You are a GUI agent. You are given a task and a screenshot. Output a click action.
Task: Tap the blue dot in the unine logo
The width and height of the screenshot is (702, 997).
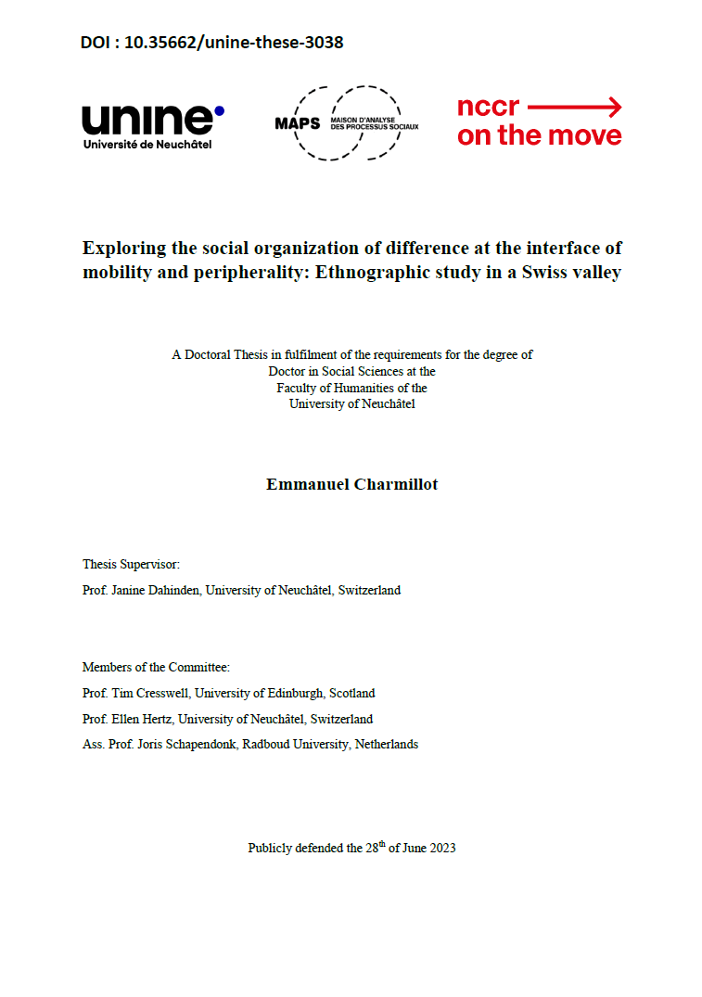coord(219,110)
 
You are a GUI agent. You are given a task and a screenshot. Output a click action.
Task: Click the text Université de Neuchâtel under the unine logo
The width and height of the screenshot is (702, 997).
coord(147,144)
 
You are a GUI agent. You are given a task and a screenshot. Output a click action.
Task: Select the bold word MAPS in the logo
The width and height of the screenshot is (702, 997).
coord(297,124)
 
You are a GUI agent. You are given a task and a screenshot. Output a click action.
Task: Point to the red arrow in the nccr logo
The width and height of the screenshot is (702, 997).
coord(575,108)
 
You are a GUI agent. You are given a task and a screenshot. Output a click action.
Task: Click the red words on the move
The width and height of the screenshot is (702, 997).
coord(540,135)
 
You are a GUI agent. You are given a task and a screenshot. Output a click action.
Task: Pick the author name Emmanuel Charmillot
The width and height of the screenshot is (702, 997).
coord(351,484)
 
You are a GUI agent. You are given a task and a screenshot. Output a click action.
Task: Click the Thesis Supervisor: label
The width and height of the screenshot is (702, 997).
coord(131,564)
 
